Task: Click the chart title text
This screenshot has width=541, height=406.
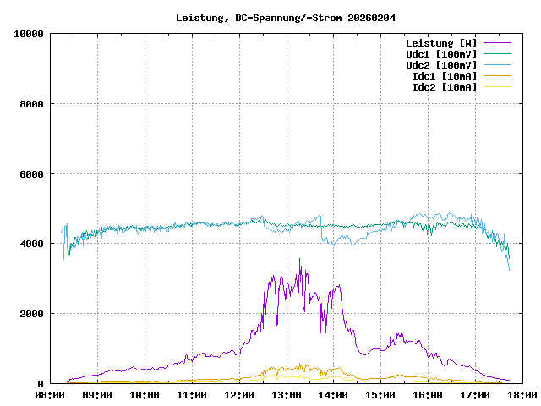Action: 286,18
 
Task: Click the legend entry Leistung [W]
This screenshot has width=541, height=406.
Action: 440,43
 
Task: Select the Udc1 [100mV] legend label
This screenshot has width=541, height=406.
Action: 440,54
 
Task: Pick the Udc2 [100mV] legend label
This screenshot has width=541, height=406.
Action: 440,65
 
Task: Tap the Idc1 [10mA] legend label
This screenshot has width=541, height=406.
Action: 444,76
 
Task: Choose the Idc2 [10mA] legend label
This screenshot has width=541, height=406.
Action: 444,87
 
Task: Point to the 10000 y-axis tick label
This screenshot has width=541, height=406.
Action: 29,34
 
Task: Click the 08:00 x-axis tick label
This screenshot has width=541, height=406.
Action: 50,395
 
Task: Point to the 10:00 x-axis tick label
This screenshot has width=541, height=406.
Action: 145,395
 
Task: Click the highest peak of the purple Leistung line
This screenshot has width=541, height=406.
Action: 299,260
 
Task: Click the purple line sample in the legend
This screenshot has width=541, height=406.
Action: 497,43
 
